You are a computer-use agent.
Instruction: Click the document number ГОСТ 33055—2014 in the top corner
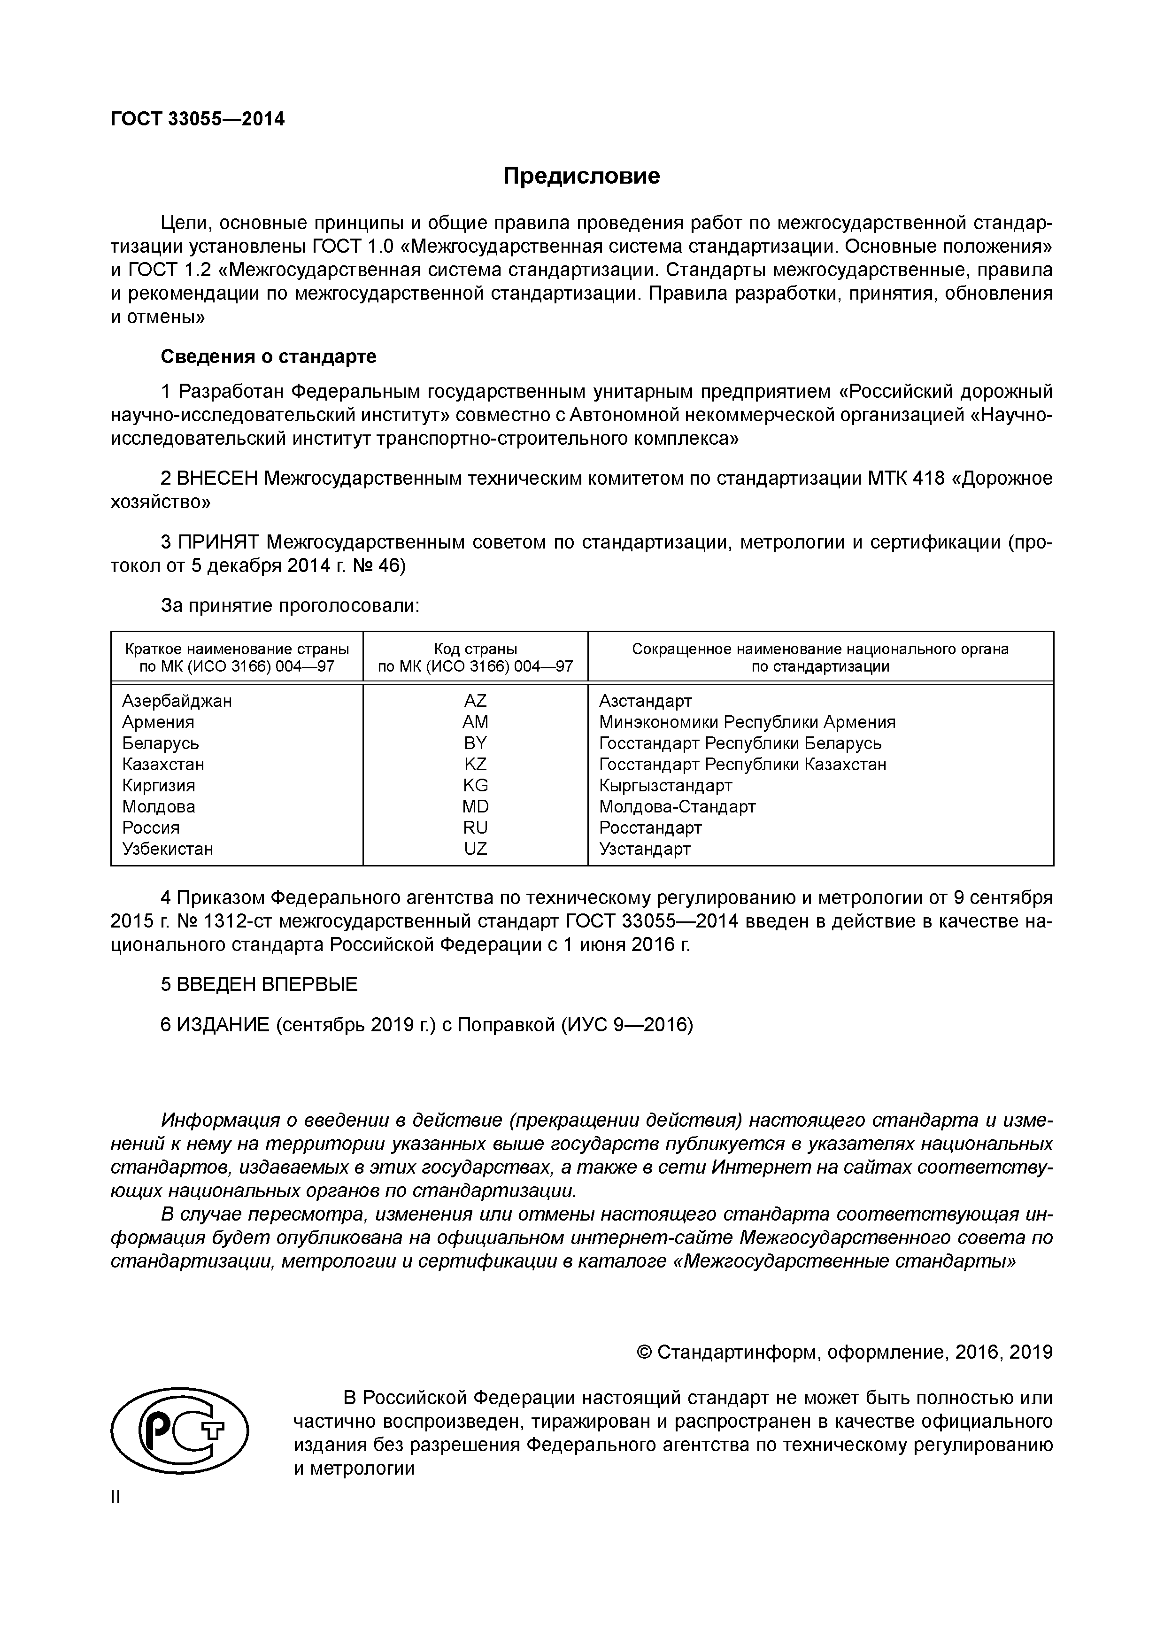(197, 119)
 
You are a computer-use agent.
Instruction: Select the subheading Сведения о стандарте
(268, 356)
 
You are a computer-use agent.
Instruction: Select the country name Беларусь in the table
(160, 743)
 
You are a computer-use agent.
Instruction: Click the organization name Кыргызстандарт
(665, 786)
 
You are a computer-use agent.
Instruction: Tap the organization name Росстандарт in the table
(650, 828)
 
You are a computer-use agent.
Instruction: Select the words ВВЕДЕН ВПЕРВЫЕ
(267, 985)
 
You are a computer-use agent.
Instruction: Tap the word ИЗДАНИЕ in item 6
(222, 1026)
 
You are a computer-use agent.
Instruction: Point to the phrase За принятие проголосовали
(290, 606)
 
